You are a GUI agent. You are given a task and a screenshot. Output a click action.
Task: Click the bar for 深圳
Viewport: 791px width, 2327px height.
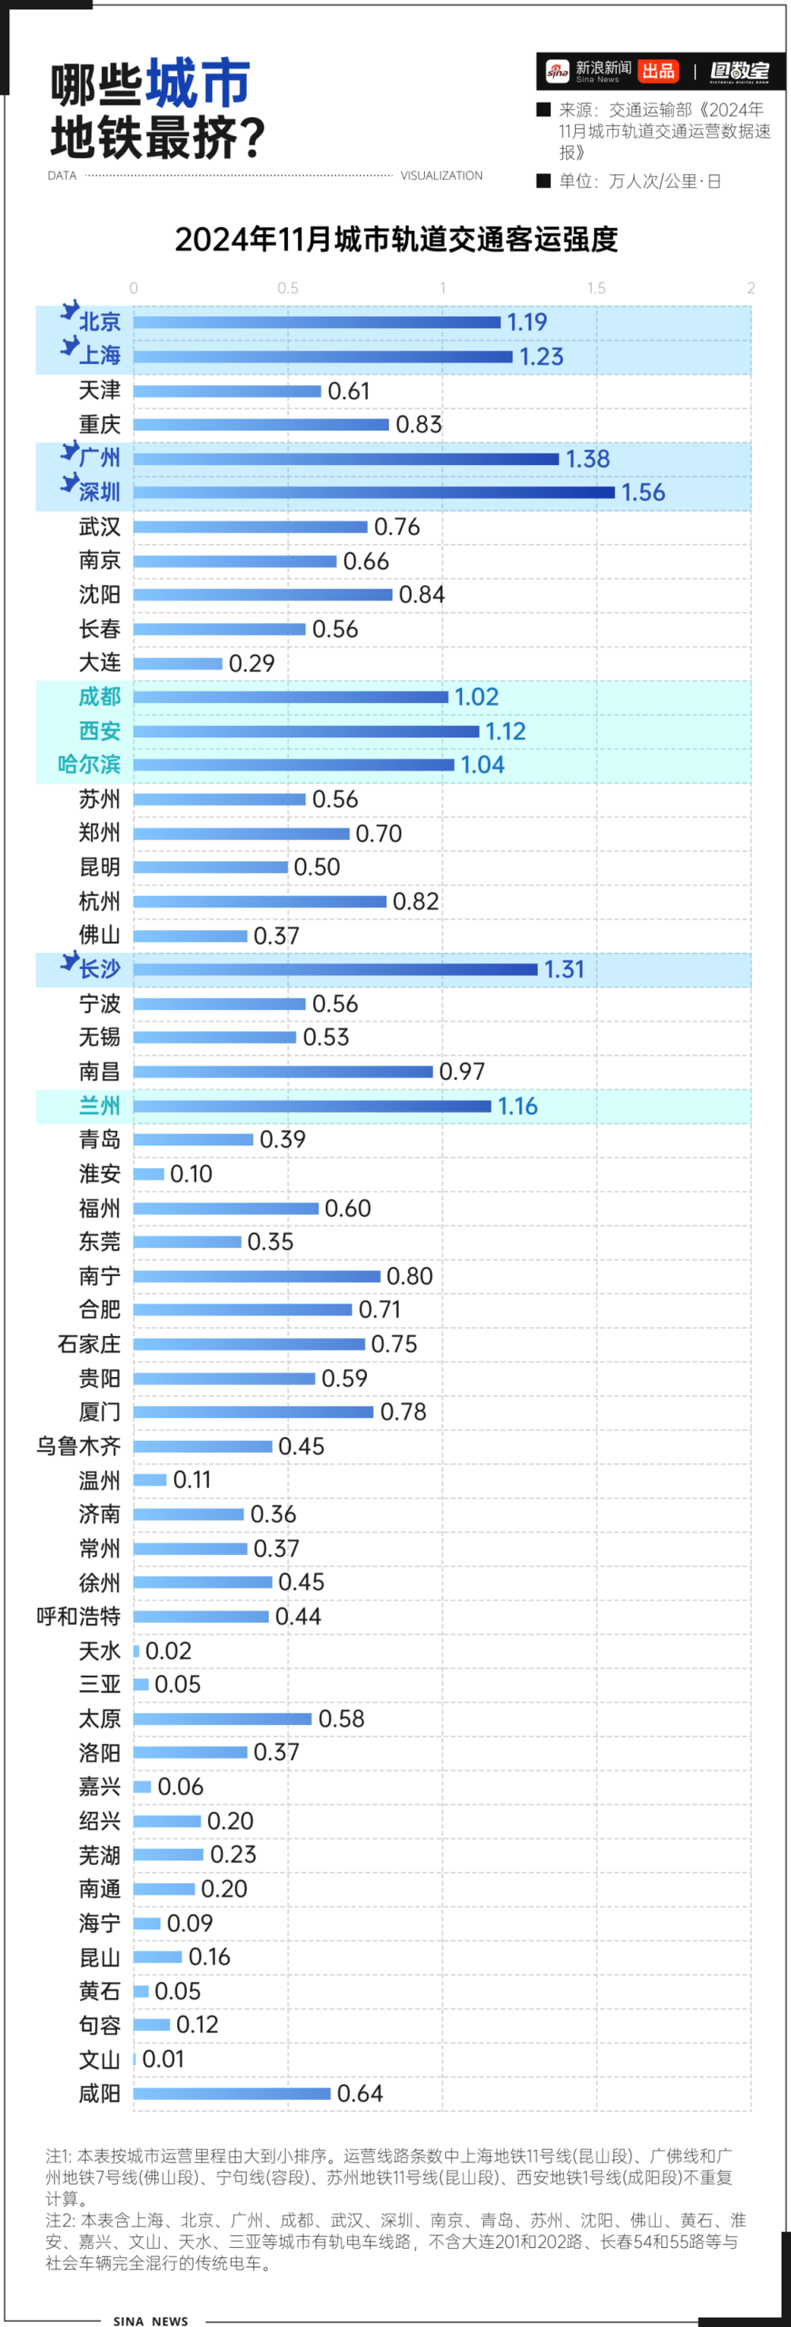[374, 492]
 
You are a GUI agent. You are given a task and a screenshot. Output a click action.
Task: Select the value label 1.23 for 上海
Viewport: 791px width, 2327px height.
[541, 357]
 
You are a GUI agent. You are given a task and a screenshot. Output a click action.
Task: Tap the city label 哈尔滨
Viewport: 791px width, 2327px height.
[89, 765]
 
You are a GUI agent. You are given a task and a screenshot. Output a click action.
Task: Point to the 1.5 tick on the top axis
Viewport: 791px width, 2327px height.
[596, 288]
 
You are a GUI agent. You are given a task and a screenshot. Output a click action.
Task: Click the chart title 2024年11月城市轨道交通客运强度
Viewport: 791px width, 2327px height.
[395, 240]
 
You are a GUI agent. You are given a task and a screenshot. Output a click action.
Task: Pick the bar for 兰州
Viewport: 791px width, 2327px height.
[312, 1106]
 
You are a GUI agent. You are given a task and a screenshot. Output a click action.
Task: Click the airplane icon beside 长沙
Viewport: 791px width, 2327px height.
[69, 961]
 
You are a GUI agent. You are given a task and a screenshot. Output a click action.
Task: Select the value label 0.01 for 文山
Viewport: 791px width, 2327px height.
[164, 2059]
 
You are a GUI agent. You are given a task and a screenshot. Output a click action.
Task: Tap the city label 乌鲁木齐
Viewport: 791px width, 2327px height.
[78, 1446]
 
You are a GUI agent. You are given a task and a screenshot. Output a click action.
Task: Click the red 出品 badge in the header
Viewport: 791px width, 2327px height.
[658, 71]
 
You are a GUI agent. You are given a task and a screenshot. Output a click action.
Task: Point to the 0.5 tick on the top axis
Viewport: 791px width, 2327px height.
[288, 288]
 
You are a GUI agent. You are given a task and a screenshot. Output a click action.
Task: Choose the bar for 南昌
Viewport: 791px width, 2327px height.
[282, 1072]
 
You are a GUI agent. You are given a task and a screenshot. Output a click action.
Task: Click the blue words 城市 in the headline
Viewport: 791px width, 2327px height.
[198, 83]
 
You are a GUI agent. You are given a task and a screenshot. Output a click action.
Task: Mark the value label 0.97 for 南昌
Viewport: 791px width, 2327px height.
[461, 1072]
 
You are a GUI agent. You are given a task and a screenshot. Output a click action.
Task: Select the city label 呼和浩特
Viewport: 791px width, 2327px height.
[78, 1616]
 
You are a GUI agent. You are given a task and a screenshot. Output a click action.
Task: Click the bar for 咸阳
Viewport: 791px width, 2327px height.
[232, 2093]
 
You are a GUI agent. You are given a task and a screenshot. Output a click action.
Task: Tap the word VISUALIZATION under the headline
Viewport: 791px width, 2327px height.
[441, 176]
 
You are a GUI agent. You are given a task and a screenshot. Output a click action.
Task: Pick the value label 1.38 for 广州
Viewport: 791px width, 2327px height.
[587, 459]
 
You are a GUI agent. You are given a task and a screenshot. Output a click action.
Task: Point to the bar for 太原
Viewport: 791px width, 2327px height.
[222, 1718]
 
